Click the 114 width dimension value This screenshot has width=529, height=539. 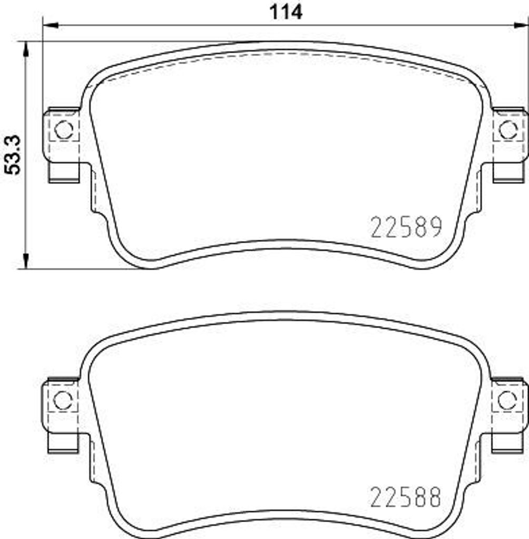[287, 11]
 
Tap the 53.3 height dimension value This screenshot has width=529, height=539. [13, 154]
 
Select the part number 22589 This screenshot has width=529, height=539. [406, 228]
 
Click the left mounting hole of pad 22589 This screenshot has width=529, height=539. [64, 129]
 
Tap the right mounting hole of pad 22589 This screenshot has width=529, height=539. [507, 129]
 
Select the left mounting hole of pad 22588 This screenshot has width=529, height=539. [63, 400]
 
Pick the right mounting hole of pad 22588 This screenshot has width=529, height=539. [506, 400]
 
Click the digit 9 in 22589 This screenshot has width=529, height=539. [434, 228]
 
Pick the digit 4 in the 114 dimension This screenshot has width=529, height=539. [297, 11]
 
